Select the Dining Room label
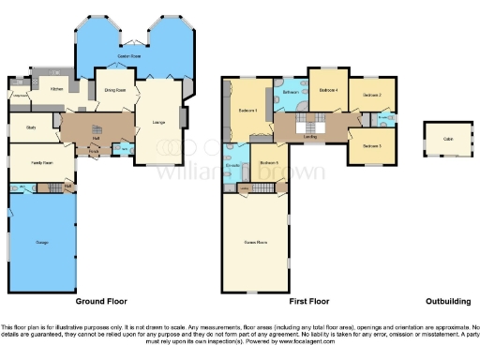[x=115, y=91]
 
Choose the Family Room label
[x=41, y=163]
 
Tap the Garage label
[x=41, y=243]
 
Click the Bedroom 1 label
[x=248, y=111]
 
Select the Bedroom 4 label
[x=328, y=90]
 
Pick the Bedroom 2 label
[x=373, y=95]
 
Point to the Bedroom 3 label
[x=373, y=145]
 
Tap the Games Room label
[x=255, y=242]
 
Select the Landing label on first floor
[x=309, y=137]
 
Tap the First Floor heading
[x=308, y=303]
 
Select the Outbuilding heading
[x=447, y=303]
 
